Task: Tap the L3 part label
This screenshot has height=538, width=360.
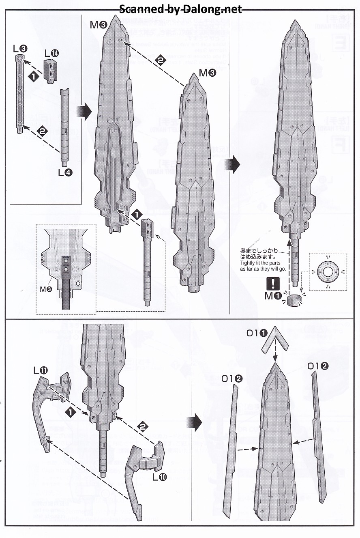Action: click(x=20, y=49)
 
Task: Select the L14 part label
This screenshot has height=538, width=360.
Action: click(x=51, y=53)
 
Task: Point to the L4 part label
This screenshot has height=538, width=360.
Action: click(x=65, y=172)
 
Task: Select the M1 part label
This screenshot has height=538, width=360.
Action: click(x=272, y=296)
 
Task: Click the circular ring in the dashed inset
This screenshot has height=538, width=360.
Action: click(x=328, y=272)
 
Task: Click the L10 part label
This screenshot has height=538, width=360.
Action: click(x=159, y=477)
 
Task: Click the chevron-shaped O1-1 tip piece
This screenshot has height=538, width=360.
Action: click(x=275, y=338)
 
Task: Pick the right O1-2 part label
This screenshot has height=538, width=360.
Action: click(x=318, y=366)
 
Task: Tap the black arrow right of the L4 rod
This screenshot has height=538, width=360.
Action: click(x=82, y=111)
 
